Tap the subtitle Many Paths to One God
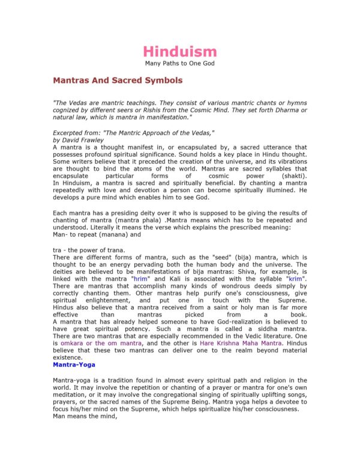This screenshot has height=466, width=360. pos(180,63)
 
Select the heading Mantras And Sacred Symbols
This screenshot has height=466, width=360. pos(118,79)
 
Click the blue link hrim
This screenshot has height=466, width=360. pos(156,279)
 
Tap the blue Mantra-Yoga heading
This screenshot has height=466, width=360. pos(74,364)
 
